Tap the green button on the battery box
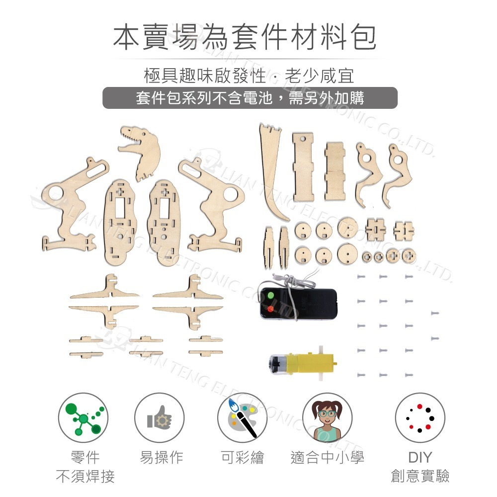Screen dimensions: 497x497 pos(271,296)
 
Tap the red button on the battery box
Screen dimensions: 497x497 pos(271,309)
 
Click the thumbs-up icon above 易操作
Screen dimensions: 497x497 pos(159,418)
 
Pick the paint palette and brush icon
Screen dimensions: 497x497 pos(242,418)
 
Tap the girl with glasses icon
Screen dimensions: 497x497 pos(327,418)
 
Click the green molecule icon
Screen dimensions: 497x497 pos(83,418)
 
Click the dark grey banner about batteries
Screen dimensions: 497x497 pos(249,98)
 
